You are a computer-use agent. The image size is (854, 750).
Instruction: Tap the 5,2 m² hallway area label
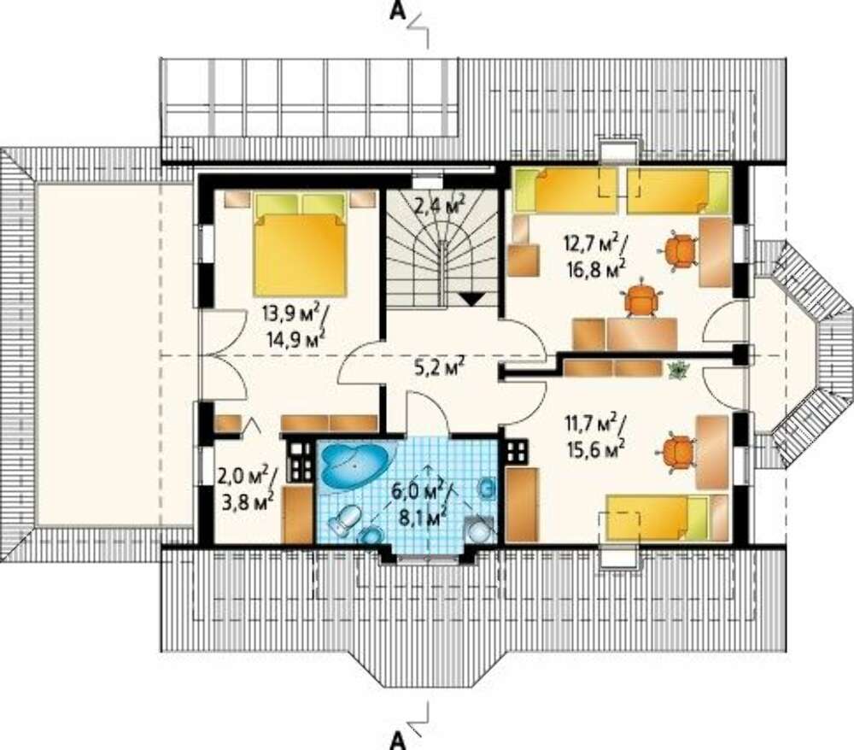439,367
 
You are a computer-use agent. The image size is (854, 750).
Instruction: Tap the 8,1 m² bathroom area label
424,516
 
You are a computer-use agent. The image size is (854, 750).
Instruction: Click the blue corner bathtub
356,465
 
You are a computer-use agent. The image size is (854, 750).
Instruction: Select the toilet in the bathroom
344,520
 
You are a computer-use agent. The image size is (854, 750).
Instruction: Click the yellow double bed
300,244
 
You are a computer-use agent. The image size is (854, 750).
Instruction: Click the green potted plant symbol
677,369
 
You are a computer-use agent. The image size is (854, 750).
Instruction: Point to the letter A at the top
398,11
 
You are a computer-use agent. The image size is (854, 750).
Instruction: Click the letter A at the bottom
398,741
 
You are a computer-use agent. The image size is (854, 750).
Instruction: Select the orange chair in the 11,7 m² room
676,451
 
